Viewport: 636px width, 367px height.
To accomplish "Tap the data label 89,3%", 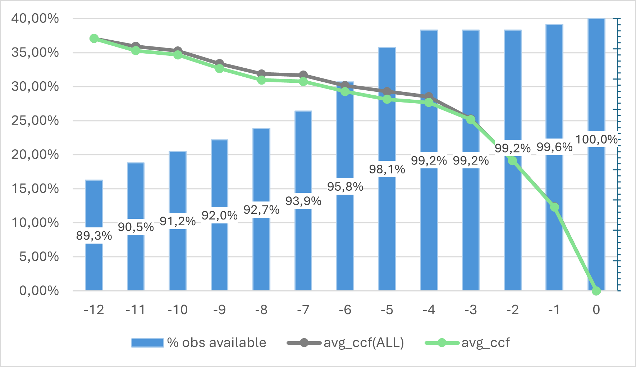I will (x=94, y=236).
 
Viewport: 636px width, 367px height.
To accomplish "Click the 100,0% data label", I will (x=596, y=139).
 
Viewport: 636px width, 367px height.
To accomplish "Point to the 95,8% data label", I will (x=345, y=186).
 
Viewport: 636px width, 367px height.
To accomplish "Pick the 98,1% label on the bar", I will (x=387, y=169).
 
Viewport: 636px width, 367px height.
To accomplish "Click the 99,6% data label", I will (x=554, y=147).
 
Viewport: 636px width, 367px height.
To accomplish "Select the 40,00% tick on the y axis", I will (x=35, y=18).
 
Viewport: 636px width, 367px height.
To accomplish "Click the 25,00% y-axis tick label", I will (x=35, y=121).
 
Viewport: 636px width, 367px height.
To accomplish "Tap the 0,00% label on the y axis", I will (x=39, y=291).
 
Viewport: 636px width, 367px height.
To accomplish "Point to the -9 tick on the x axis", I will (x=219, y=310).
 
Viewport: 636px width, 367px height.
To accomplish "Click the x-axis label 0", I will (x=596, y=310).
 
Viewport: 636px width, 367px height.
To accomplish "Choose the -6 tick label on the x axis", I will (x=345, y=310).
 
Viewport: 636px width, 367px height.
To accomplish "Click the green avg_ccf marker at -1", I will (x=554, y=207).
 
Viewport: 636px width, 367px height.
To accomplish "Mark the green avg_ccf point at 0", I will (x=596, y=291).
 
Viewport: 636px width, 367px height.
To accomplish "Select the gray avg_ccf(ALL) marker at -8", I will (x=261, y=74).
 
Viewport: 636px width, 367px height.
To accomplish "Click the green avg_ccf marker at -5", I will (x=387, y=99).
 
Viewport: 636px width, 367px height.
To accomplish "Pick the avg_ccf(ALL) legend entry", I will (x=346, y=343).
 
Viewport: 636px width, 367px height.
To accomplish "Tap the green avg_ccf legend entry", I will (x=467, y=343).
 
